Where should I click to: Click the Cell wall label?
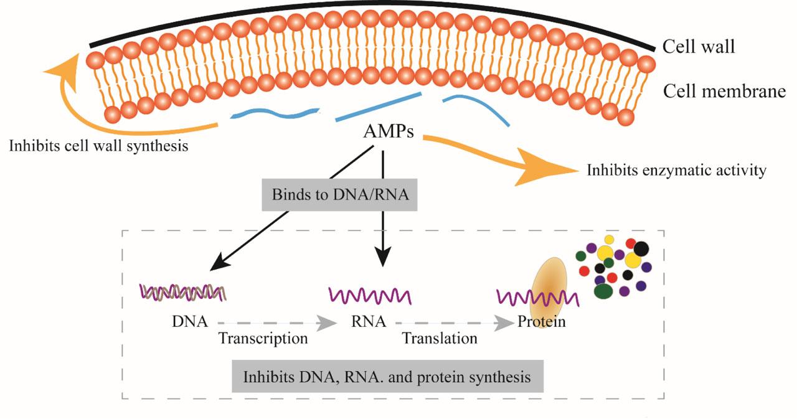coord(698,46)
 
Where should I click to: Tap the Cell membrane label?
coord(723,92)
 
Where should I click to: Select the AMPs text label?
coord(389,132)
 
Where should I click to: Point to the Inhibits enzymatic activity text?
coord(676,170)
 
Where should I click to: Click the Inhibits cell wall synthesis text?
coord(99,146)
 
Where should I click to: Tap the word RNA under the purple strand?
coord(367,322)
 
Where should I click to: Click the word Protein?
coord(541,322)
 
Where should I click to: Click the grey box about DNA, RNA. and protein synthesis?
coord(387,377)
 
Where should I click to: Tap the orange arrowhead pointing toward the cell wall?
coord(66,66)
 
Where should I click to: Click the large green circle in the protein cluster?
coord(603,290)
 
